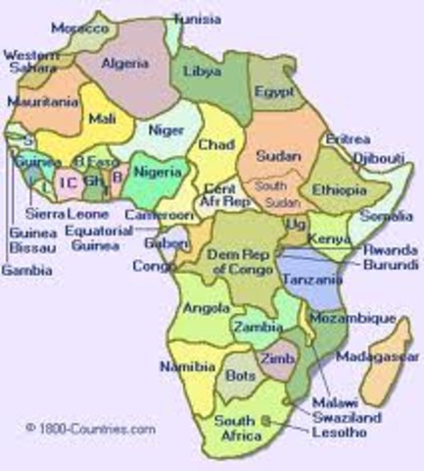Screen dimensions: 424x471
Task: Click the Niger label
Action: coord(167,129)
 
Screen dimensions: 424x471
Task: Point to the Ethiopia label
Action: coord(337,187)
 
